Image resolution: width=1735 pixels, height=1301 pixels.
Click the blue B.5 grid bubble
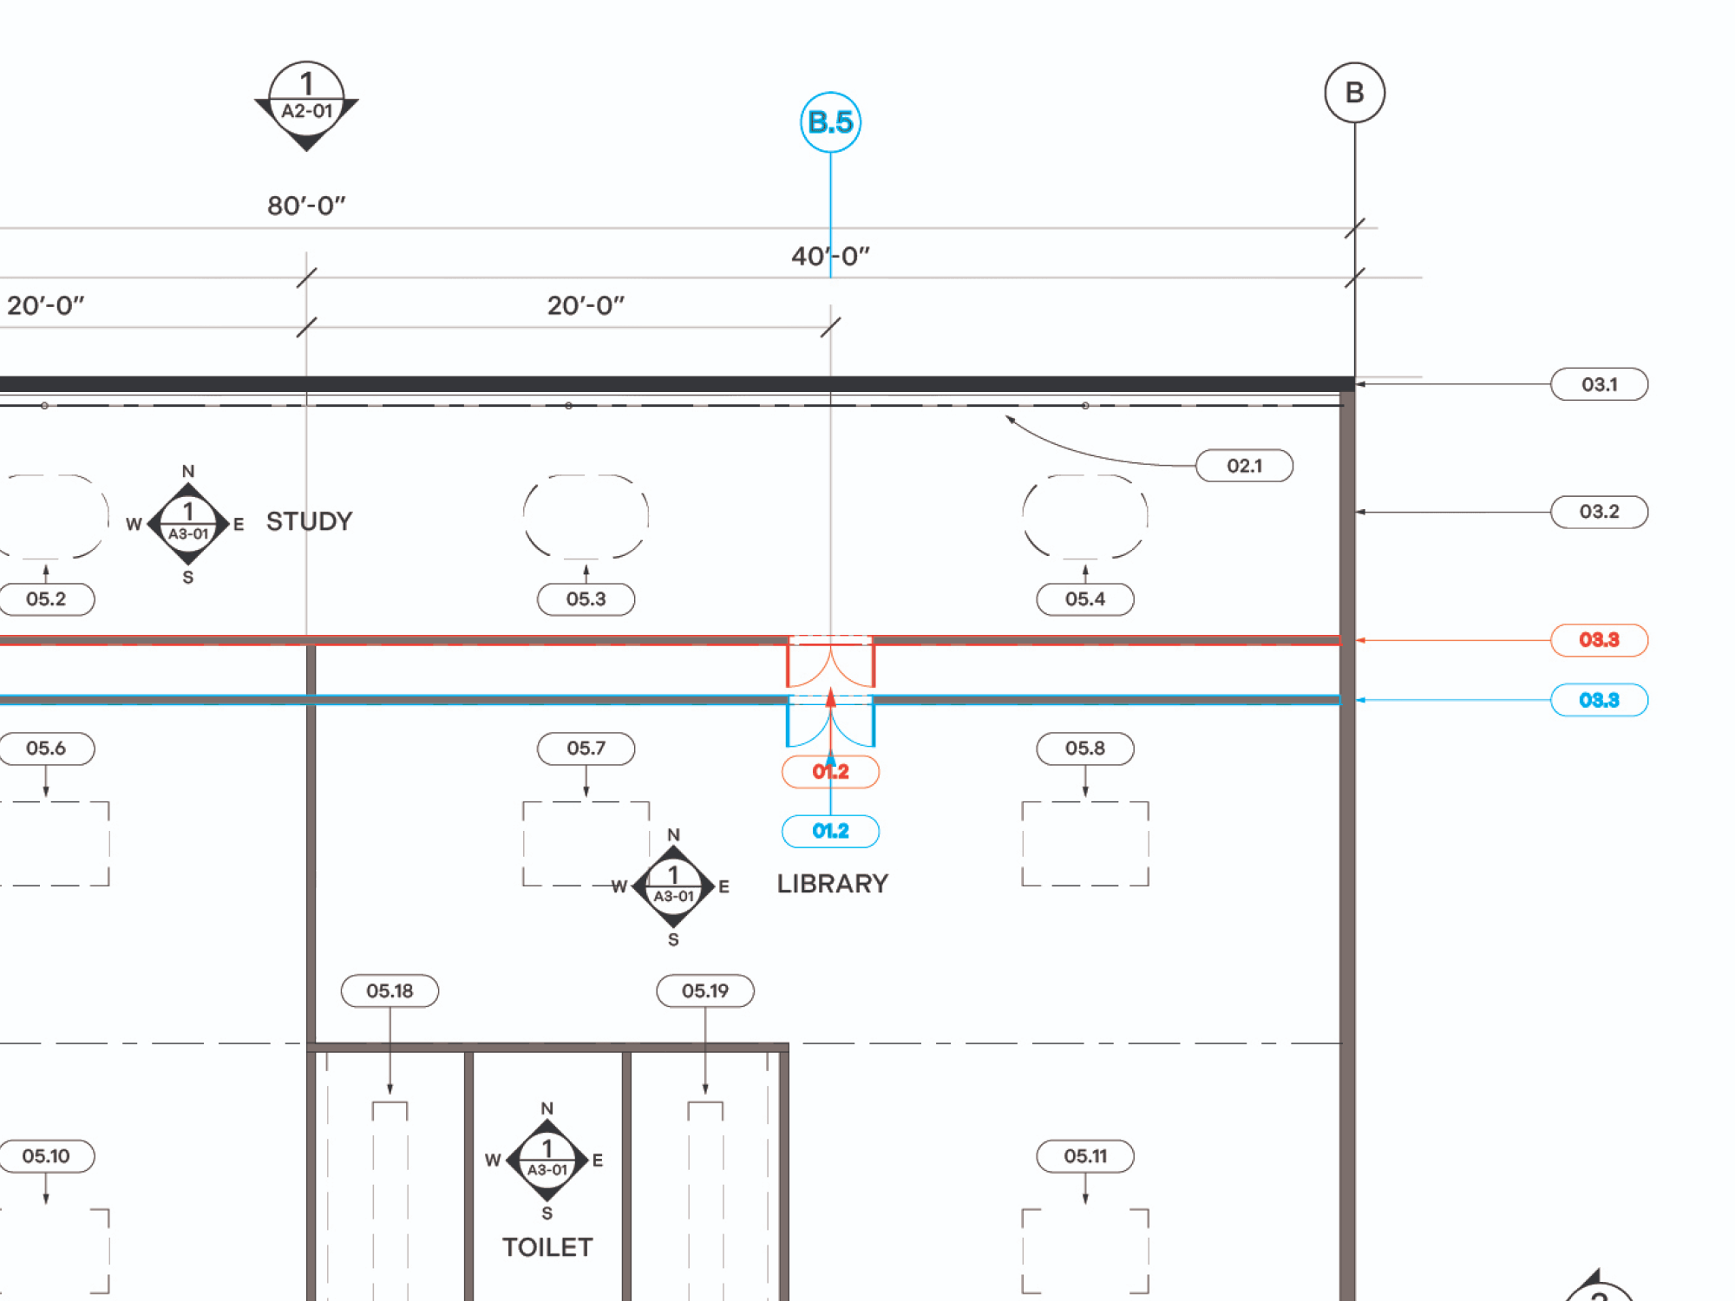[830, 122]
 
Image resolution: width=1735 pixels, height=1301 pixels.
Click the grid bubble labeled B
[1354, 93]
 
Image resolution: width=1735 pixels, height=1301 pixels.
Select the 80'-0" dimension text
[306, 206]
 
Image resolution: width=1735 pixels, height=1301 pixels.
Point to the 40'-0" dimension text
[830, 256]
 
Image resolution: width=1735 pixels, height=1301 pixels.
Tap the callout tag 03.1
[1599, 384]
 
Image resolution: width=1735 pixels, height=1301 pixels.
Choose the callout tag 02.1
[1244, 466]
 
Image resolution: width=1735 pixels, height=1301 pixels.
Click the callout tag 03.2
[1599, 512]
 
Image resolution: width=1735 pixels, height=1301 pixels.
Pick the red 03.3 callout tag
[1599, 640]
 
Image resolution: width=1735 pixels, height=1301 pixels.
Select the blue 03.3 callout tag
[1599, 700]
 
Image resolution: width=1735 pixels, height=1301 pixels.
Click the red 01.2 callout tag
[830, 771]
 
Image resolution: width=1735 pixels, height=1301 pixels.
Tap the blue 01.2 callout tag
[830, 831]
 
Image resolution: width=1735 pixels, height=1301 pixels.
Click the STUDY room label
[309, 521]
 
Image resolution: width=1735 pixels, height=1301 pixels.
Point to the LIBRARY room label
[832, 884]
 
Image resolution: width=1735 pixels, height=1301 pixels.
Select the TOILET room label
[547, 1247]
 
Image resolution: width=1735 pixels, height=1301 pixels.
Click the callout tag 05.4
[1084, 599]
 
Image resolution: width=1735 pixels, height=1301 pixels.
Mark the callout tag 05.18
[390, 990]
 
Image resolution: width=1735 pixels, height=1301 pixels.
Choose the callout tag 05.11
[1084, 1156]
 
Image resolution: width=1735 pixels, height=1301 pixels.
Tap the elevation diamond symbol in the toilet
[547, 1160]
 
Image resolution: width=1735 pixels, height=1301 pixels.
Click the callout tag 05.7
[586, 749]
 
